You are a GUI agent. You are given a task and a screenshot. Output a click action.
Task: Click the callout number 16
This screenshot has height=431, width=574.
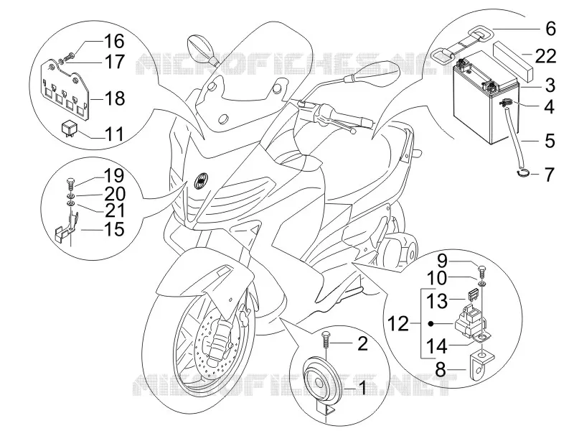tap(114, 41)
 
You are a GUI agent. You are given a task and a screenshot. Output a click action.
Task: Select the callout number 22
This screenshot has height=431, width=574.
tap(545, 56)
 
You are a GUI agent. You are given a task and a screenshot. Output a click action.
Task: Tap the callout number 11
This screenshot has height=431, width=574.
tap(114, 134)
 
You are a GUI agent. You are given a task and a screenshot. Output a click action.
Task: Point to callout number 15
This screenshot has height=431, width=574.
tap(114, 229)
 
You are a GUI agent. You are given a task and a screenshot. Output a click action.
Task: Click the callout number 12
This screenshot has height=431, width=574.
tap(398, 324)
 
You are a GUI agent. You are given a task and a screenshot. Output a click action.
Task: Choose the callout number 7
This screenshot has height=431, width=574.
tap(550, 175)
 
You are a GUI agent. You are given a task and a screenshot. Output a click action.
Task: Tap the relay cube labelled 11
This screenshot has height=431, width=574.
tap(69, 129)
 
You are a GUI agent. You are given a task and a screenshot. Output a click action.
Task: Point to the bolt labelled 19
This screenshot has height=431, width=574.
tap(71, 183)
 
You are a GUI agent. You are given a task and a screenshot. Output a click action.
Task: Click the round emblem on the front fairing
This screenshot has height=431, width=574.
tap(200, 181)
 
